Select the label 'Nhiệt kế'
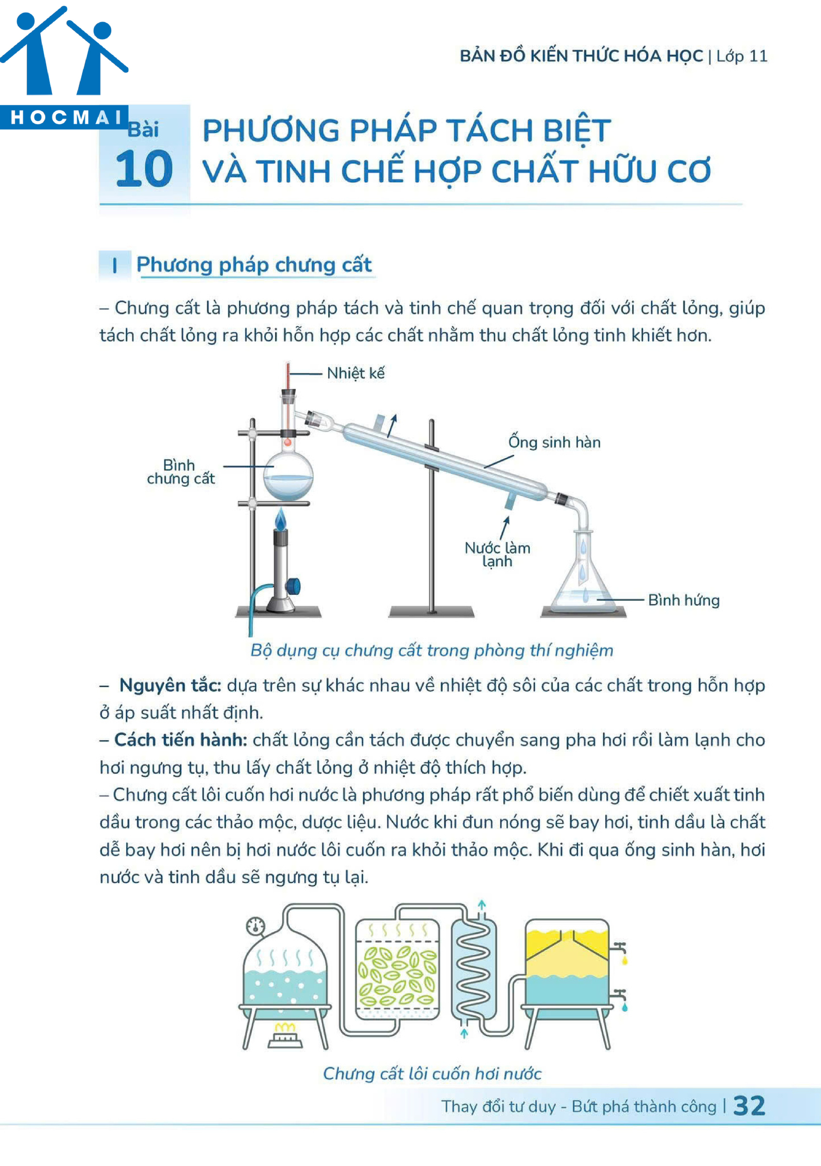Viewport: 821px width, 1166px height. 355,373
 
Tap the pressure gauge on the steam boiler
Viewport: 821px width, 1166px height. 255,926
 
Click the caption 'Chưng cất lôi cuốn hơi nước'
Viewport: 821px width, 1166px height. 432,1073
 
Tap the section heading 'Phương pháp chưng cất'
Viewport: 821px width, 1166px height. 254,265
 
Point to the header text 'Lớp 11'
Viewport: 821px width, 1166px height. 742,56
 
